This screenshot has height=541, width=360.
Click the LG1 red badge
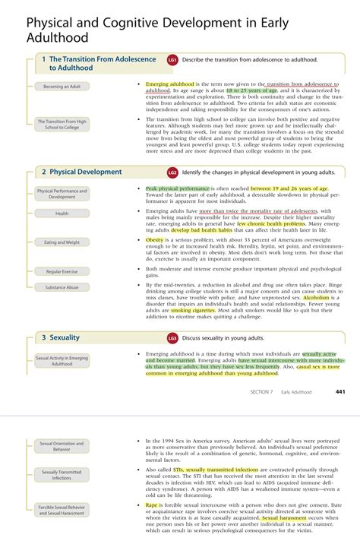[x=172, y=59]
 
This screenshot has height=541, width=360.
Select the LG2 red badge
[x=172, y=172]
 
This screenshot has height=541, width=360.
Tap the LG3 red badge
[x=172, y=338]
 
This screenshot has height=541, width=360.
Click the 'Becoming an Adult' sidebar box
[x=62, y=87]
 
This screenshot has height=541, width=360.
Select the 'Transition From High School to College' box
[x=62, y=124]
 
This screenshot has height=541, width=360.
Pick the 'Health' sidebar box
[x=62, y=214]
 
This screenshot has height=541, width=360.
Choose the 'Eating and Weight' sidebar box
[x=62, y=242]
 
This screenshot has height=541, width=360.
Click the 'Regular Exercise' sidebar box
[x=62, y=271]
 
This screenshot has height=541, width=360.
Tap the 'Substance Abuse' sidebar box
[x=62, y=287]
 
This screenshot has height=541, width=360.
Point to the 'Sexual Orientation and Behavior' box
[x=62, y=446]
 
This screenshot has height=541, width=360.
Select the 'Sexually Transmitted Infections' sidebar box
[x=62, y=475]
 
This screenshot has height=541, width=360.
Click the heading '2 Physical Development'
[x=81, y=172]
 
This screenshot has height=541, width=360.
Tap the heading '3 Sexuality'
[x=65, y=337]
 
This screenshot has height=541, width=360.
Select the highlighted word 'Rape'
[x=152, y=505]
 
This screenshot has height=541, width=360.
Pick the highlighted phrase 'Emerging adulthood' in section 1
[x=170, y=84]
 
